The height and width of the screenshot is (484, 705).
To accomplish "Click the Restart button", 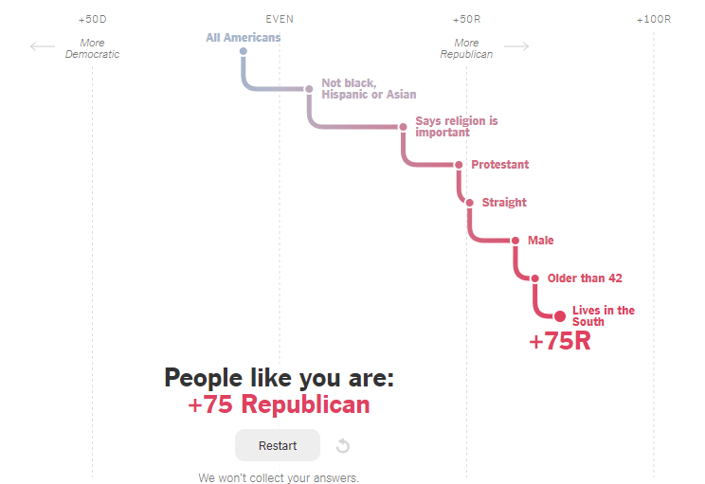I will click(x=278, y=445).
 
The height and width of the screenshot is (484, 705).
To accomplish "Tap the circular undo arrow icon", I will click(x=343, y=446).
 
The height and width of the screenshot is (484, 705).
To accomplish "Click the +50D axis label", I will click(x=92, y=19).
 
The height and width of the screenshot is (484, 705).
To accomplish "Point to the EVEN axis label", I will click(x=280, y=19).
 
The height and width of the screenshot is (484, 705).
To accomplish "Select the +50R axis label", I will click(x=466, y=19).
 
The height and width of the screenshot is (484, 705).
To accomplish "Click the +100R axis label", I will click(x=653, y=19).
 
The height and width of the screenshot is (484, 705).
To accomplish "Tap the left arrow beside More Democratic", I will click(x=43, y=46).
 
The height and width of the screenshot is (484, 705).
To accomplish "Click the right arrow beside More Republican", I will click(x=516, y=46).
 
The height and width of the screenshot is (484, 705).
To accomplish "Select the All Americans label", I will click(x=244, y=38).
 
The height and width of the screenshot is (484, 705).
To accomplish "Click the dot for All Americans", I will click(x=244, y=51).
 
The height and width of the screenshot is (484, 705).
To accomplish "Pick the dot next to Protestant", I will click(x=459, y=165).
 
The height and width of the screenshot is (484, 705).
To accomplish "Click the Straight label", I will click(x=504, y=203).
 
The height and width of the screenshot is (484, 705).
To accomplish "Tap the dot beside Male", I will click(x=515, y=241).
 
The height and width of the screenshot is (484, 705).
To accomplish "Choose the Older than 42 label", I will click(x=585, y=278).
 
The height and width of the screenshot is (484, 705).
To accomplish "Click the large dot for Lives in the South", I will click(x=559, y=316).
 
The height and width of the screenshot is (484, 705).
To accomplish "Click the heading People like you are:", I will click(x=279, y=378).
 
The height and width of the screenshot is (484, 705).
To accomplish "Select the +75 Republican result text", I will click(x=279, y=404).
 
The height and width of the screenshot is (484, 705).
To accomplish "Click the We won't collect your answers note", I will click(x=279, y=477).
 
